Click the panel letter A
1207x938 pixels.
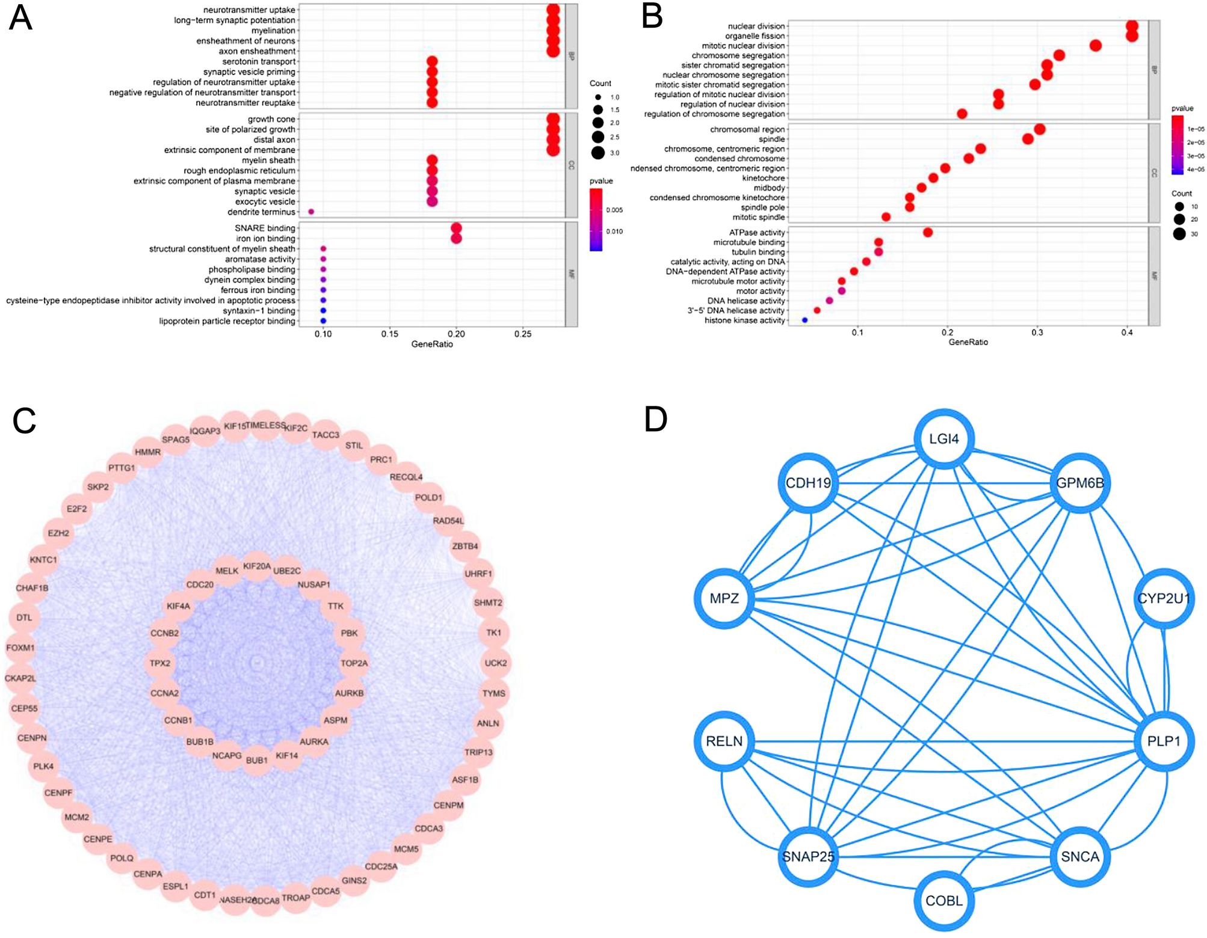[x=20, y=18]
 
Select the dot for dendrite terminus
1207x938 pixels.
[x=311, y=212]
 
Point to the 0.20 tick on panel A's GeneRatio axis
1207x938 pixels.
[x=456, y=334]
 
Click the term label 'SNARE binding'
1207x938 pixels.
[x=265, y=228]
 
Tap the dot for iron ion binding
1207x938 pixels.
[x=456, y=239]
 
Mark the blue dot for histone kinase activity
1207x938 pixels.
[x=804, y=320]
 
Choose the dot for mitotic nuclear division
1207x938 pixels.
[x=1096, y=46]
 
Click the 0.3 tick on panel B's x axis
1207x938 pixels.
[x=1037, y=333]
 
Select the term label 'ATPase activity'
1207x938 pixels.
[x=757, y=233]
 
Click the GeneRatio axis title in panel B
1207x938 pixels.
[x=968, y=342]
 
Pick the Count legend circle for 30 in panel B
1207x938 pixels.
[x=1179, y=234]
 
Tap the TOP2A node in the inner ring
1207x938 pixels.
[x=354, y=663]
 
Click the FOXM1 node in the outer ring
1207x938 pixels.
[x=20, y=648]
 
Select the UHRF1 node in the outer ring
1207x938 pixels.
[x=478, y=574]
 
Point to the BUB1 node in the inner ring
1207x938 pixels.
[x=257, y=760]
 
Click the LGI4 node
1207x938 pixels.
[x=943, y=439]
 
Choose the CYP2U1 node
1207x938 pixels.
[x=1163, y=598]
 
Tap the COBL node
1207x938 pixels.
[x=943, y=901]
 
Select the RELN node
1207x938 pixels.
[x=724, y=741]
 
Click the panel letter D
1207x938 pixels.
[x=655, y=419]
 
